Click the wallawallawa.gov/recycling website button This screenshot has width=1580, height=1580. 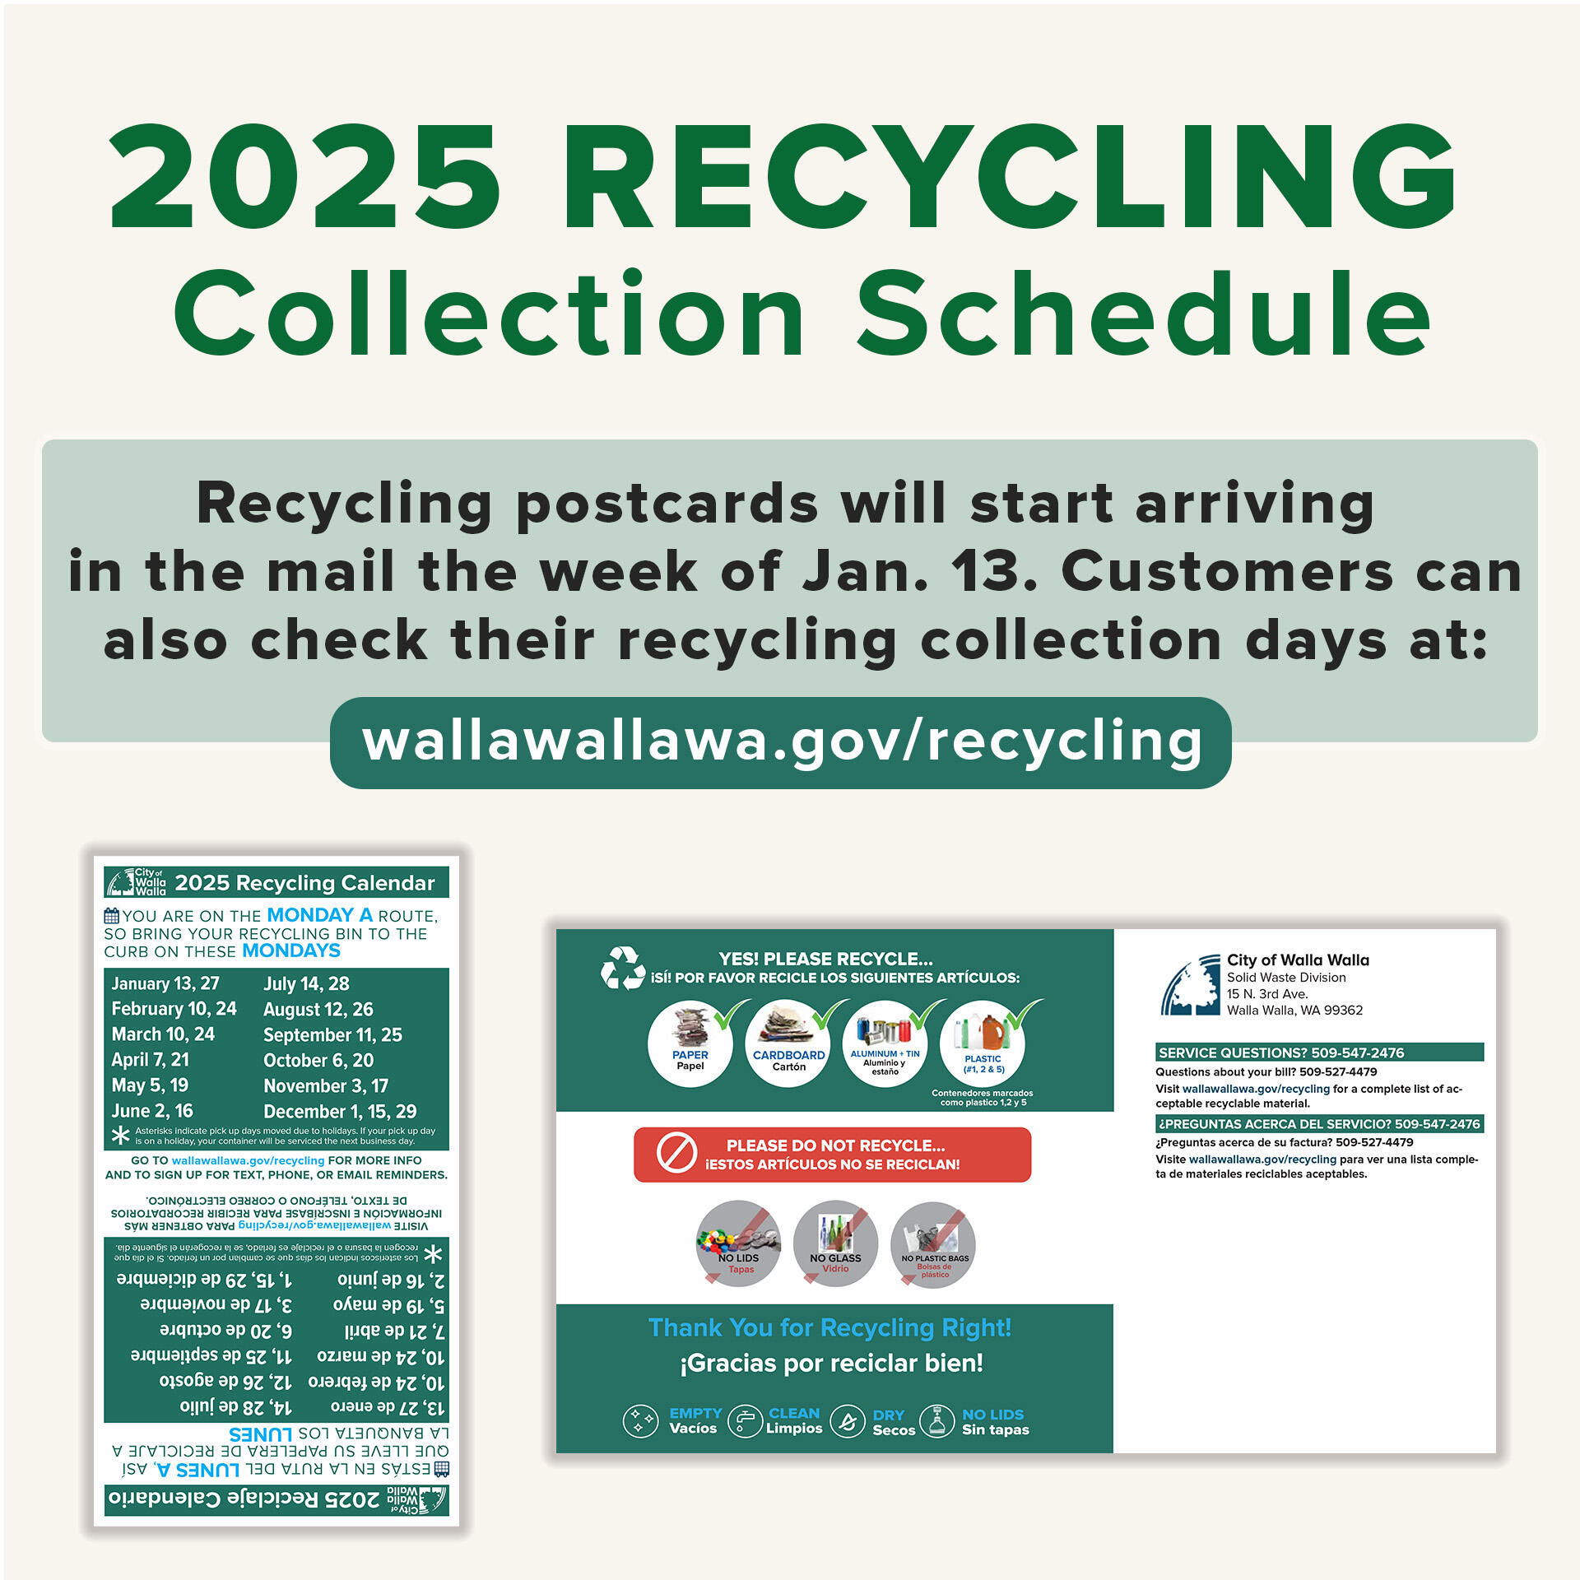(780, 742)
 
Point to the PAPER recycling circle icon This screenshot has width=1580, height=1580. (690, 1044)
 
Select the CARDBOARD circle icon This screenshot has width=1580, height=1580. (788, 1044)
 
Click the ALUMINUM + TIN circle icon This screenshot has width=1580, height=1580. (885, 1044)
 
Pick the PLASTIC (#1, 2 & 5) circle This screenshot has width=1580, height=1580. (983, 1044)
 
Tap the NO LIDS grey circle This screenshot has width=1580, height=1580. (738, 1243)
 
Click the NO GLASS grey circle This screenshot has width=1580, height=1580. (835, 1243)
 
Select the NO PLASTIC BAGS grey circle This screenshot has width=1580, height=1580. (934, 1243)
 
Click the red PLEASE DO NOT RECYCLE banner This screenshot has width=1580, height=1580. (832, 1155)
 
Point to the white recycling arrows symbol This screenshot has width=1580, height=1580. (622, 968)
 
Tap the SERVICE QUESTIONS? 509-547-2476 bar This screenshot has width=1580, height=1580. (1319, 1053)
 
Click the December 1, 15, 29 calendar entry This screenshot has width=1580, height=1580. (340, 1112)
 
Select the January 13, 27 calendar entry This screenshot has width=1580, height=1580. (165, 983)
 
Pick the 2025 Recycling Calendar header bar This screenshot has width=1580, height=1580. (276, 882)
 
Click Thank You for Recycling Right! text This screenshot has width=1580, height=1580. (829, 1328)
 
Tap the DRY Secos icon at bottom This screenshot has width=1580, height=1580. (848, 1421)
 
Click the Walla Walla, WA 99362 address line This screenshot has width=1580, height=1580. (1294, 1011)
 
